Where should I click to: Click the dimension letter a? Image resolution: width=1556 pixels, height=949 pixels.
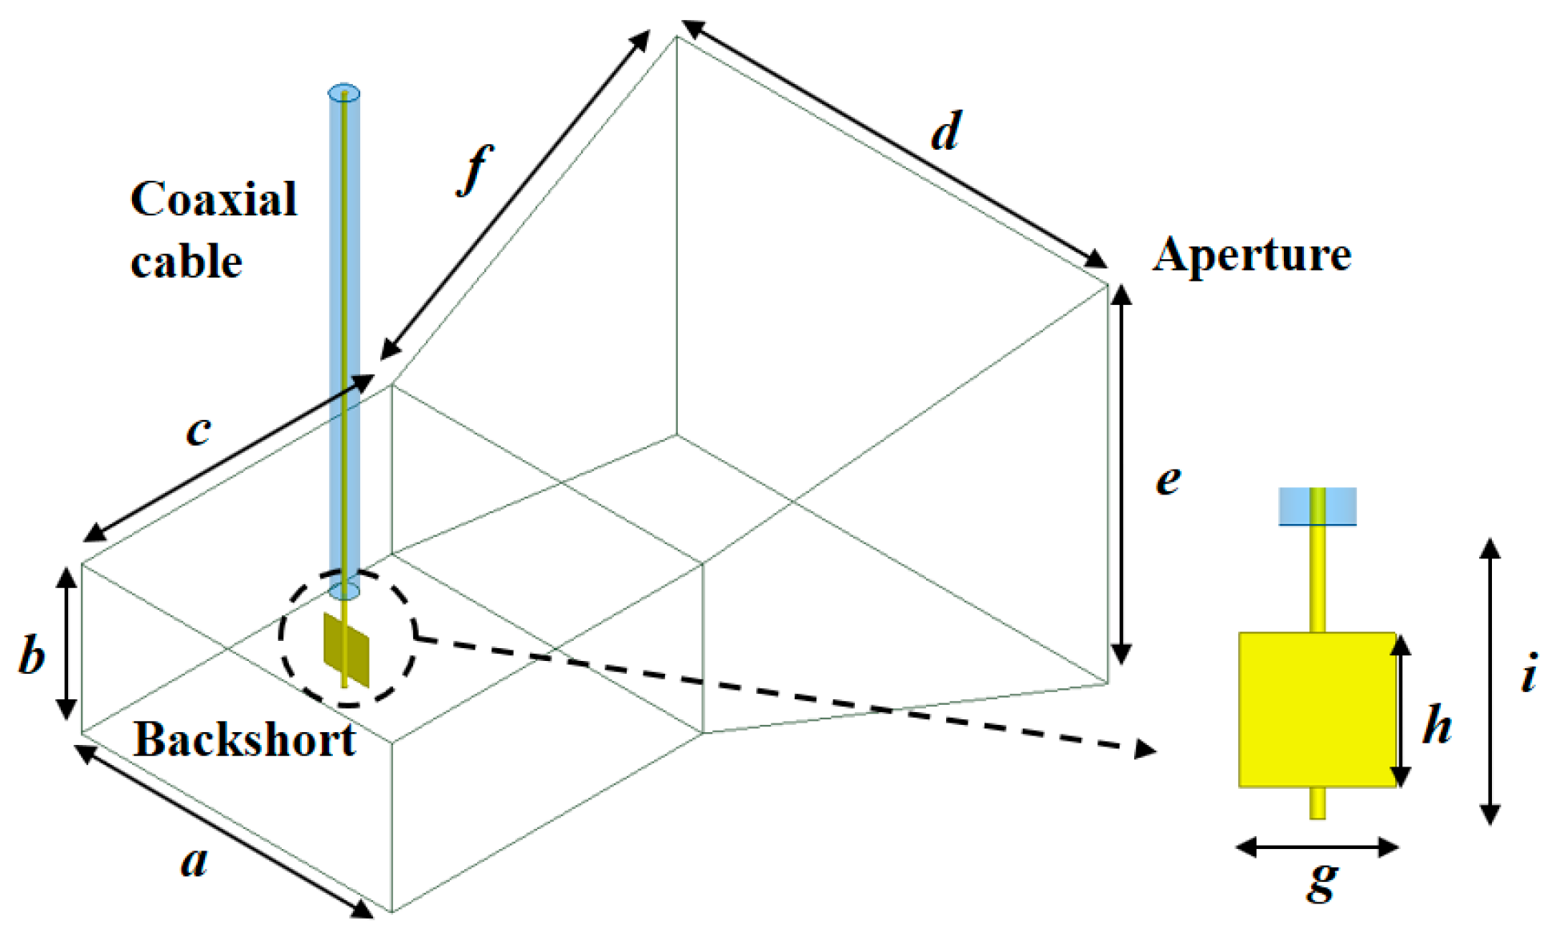(194, 863)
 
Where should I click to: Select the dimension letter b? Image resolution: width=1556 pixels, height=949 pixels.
(32, 656)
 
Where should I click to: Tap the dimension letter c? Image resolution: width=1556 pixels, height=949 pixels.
(199, 430)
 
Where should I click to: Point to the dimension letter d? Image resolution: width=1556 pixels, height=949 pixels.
(945, 132)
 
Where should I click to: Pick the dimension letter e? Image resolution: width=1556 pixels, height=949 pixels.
(1169, 480)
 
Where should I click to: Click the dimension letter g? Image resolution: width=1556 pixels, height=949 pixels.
(1322, 880)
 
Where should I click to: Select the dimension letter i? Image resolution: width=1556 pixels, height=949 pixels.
(1530, 674)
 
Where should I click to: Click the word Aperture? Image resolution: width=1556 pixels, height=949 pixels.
(1252, 256)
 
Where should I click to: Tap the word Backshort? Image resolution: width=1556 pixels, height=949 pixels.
(244, 740)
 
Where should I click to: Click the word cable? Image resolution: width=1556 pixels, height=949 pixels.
(186, 262)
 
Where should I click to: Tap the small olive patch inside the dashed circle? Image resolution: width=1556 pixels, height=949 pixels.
(347, 650)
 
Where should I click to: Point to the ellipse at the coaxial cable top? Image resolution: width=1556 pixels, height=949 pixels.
(344, 92)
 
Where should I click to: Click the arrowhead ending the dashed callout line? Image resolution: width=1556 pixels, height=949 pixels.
(1146, 750)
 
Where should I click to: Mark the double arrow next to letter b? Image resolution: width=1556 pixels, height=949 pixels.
(66, 643)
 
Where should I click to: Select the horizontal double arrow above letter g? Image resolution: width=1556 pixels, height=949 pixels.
(1317, 847)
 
